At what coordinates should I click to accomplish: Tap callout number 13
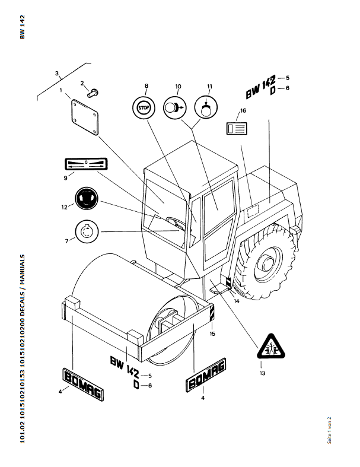coord(262,373)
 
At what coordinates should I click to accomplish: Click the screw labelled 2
coord(93,92)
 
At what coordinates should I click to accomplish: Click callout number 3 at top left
coord(58,74)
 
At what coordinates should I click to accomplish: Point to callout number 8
coord(146,87)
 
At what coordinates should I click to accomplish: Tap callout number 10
coord(178,87)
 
